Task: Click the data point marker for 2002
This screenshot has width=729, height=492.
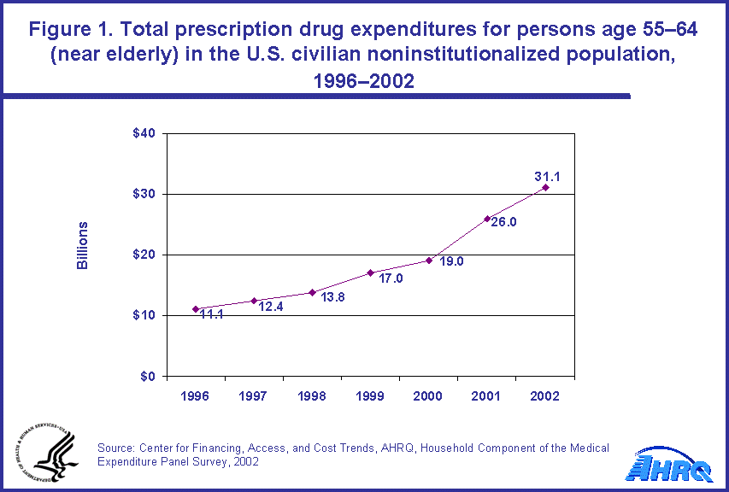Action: point(545,187)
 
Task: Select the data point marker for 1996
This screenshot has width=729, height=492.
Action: point(196,309)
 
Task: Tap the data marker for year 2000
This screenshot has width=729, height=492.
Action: point(429,261)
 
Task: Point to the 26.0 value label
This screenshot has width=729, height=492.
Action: point(504,222)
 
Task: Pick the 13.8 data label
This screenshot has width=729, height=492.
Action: point(332,297)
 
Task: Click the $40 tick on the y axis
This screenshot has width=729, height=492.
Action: point(144,133)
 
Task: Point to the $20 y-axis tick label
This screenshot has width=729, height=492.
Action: point(144,255)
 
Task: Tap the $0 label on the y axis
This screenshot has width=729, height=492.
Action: point(147,376)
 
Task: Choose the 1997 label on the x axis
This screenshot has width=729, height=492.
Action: point(254,397)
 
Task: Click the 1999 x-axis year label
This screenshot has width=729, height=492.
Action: point(370,397)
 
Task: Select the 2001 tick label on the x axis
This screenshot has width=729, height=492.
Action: point(487,397)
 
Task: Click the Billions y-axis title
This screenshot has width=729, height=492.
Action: point(83,246)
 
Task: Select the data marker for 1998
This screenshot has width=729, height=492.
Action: point(312,292)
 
